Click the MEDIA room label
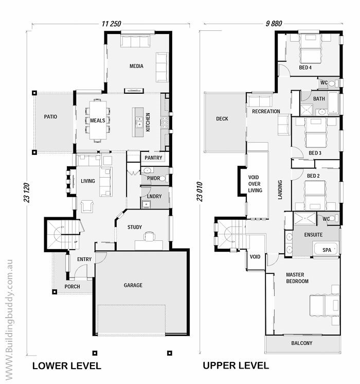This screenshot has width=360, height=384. (136, 66)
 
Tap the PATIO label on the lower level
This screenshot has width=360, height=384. (50, 116)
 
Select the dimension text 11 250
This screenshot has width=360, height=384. (112, 24)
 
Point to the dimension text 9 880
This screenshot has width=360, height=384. (274, 24)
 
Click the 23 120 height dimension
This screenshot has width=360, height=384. (27, 193)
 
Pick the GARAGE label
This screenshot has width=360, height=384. (133, 285)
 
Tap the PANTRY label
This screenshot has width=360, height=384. (153, 158)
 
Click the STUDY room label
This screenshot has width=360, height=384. (135, 228)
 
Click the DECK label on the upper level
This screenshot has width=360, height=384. (222, 119)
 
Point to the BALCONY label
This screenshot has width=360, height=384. (302, 343)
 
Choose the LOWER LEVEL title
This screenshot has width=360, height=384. (67, 366)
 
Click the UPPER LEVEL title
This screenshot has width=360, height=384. (236, 365)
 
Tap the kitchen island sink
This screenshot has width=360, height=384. (139, 122)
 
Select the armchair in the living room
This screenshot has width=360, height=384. (87, 206)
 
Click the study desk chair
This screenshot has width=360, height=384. (149, 236)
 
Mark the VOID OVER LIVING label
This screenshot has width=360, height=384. (255, 184)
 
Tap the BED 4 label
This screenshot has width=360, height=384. (305, 67)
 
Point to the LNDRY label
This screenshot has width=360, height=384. (154, 197)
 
